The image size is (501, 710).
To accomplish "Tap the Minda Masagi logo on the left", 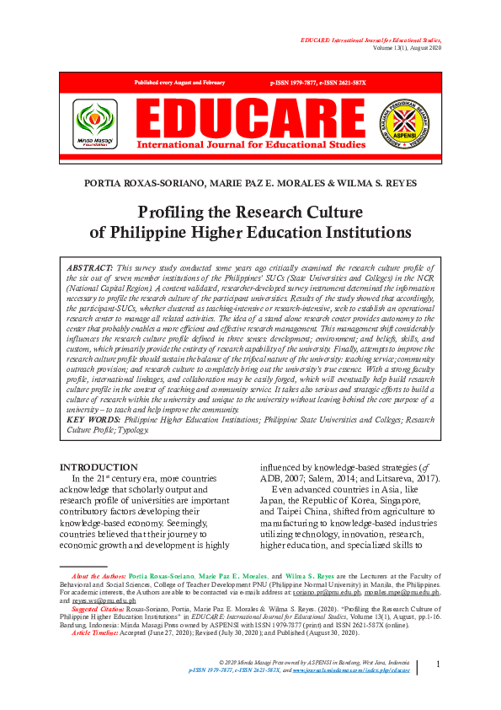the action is [95, 121].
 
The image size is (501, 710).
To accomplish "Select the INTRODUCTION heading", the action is [99, 467].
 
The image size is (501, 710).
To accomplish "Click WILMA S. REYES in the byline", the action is [378, 182].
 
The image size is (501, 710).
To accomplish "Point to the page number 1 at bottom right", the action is [438, 664].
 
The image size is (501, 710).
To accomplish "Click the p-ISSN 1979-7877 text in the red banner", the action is [297, 83].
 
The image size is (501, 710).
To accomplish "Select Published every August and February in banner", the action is [180, 83].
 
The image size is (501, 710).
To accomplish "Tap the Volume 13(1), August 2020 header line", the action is [395, 48].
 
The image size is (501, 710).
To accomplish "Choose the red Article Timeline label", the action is [94, 632].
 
